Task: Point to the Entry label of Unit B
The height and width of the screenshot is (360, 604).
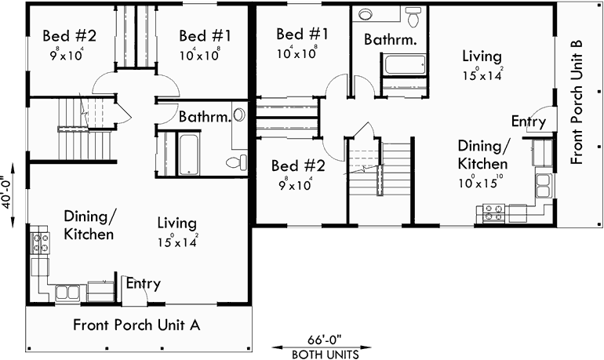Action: pyautogui.click(x=528, y=122)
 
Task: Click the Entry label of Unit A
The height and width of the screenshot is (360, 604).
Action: pyautogui.click(x=144, y=284)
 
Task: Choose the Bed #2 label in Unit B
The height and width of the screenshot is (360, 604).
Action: pyautogui.click(x=297, y=166)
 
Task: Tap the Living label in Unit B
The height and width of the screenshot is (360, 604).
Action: pyautogui.click(x=482, y=56)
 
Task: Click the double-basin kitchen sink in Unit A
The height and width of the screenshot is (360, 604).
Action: pyautogui.click(x=67, y=293)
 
